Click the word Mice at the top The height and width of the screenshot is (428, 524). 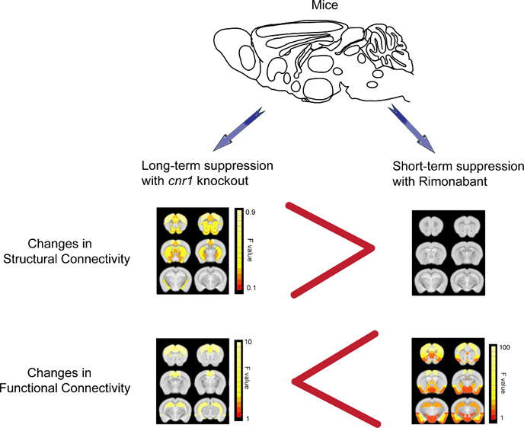pyautogui.click(x=324, y=5)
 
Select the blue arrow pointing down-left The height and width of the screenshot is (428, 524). pyautogui.click(x=238, y=129)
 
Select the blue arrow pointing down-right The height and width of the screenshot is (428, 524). pyautogui.click(x=411, y=129)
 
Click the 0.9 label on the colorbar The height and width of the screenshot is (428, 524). pyautogui.click(x=251, y=212)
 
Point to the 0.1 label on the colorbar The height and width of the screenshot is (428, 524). pyautogui.click(x=251, y=288)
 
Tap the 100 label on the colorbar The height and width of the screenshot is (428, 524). pyautogui.click(x=505, y=347)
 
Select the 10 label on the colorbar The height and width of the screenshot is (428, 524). pyautogui.click(x=248, y=342)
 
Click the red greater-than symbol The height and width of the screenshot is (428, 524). pyautogui.click(x=331, y=249)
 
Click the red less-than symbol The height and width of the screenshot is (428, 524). pyautogui.click(x=336, y=379)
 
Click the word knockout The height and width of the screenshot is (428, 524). pyautogui.click(x=223, y=180)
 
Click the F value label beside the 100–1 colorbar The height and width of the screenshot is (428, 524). pyautogui.click(x=503, y=383)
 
